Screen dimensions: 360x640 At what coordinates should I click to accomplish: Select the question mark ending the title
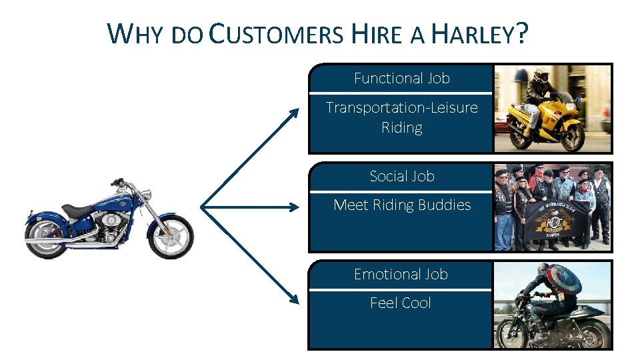521,33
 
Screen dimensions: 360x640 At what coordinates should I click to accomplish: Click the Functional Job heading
401,78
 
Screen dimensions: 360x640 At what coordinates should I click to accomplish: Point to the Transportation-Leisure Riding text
401,117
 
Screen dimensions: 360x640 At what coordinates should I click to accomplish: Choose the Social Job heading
401,176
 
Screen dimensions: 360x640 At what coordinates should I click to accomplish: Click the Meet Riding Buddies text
401,205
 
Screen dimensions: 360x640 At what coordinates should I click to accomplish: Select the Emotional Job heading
401,274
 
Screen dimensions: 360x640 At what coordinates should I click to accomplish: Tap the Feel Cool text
401,303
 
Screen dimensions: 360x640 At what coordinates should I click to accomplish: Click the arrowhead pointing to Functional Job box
294,114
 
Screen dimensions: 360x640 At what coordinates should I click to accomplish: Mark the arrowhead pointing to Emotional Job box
294,300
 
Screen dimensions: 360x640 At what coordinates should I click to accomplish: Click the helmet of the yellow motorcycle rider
541,75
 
